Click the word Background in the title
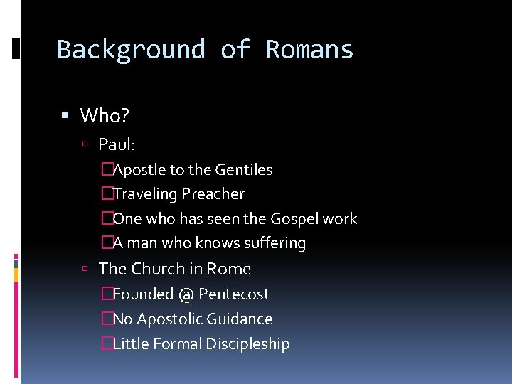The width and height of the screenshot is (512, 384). click(x=131, y=50)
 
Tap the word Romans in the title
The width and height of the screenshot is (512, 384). click(x=309, y=50)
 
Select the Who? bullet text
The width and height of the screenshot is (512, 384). click(x=104, y=115)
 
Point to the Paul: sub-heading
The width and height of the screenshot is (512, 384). click(x=117, y=144)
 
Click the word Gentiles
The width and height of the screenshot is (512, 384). click(x=244, y=170)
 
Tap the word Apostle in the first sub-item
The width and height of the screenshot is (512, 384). click(x=140, y=170)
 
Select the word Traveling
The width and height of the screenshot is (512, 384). click(x=145, y=194)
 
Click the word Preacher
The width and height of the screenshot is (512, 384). click(x=213, y=194)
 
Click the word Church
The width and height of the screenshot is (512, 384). click(x=158, y=269)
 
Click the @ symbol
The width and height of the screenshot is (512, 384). click(x=186, y=294)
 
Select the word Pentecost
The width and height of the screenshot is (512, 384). click(x=234, y=294)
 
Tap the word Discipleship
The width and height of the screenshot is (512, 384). click(x=247, y=344)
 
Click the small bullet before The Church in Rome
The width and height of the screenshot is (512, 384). click(x=85, y=269)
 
